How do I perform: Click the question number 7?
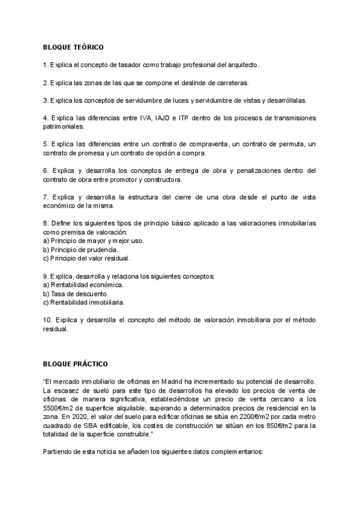click(x=46, y=197)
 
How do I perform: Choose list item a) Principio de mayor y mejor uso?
click(x=94, y=241)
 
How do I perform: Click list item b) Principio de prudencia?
click(x=81, y=249)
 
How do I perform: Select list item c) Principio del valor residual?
click(x=87, y=258)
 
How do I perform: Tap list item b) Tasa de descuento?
click(x=76, y=294)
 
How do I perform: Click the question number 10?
click(x=48, y=319)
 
